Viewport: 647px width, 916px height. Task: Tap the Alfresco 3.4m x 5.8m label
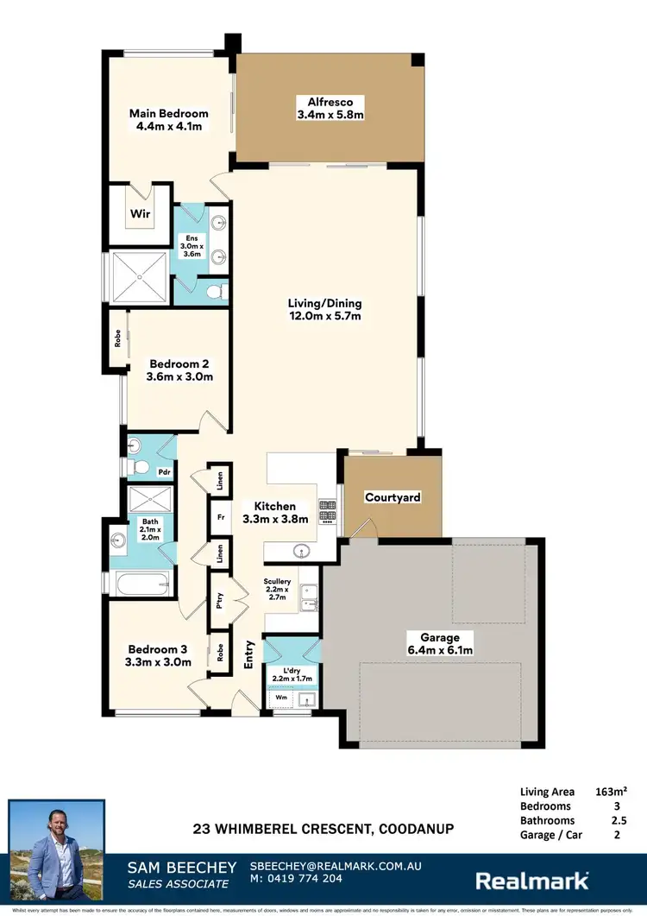(x=330, y=107)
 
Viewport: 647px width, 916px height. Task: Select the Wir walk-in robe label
(x=140, y=213)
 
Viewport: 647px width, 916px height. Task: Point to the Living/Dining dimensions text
(x=324, y=317)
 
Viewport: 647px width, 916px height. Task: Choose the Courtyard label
(x=393, y=497)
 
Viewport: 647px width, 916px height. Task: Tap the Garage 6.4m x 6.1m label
(x=440, y=643)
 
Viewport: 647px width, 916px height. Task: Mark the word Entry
(x=250, y=654)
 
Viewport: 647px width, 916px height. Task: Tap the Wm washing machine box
(x=280, y=696)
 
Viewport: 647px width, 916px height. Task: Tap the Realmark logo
(x=532, y=880)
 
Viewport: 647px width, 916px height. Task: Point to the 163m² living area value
(x=611, y=790)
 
